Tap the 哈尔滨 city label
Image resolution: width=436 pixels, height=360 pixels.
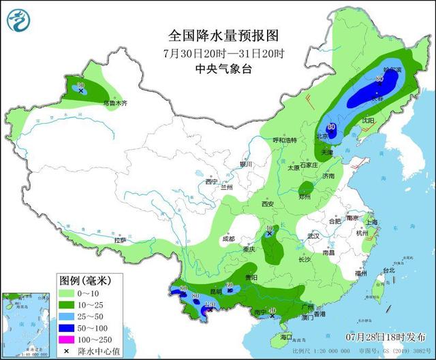393,69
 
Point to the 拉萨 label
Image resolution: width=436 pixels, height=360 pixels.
120,240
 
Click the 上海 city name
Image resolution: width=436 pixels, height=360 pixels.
371,222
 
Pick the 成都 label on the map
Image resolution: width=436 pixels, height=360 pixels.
228,239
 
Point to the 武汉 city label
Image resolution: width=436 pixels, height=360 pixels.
314,235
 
